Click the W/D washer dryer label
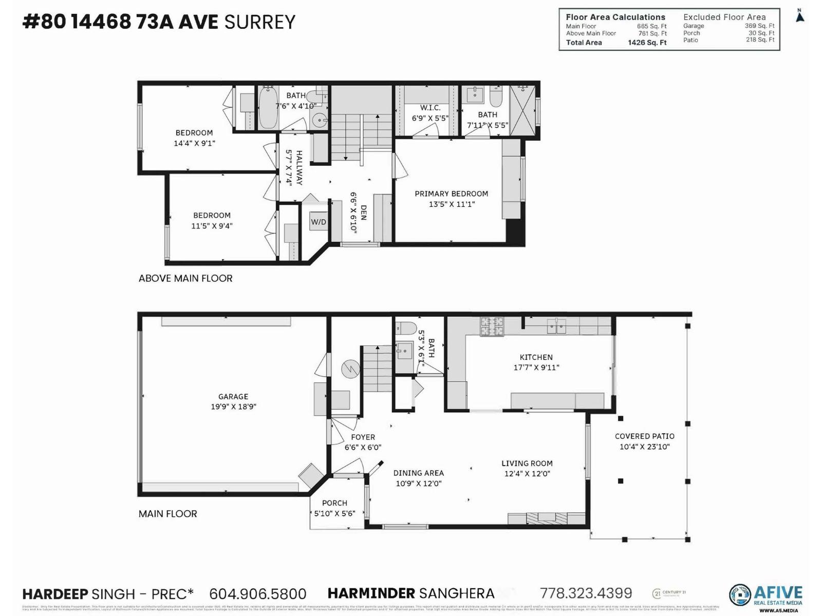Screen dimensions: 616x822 pyautogui.click(x=319, y=222)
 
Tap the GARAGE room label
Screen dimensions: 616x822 pyautogui.click(x=233, y=396)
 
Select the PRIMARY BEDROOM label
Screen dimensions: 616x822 pyautogui.click(x=451, y=194)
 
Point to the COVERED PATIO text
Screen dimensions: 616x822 pyautogui.click(x=644, y=436)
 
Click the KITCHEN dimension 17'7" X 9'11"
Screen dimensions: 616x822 pyautogui.click(x=536, y=368)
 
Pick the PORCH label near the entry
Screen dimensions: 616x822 pyautogui.click(x=334, y=503)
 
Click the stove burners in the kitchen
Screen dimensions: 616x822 pyautogui.click(x=492, y=326)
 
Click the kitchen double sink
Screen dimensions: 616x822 pyautogui.click(x=556, y=325)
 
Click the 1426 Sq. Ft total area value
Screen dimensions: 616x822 pyautogui.click(x=647, y=43)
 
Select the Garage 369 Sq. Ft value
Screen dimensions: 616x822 pyautogui.click(x=759, y=26)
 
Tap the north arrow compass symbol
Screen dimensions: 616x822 pyautogui.click(x=799, y=16)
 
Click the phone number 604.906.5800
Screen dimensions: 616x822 pyautogui.click(x=257, y=594)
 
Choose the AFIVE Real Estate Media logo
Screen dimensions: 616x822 pyautogui.click(x=765, y=595)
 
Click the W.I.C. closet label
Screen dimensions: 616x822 pyautogui.click(x=430, y=108)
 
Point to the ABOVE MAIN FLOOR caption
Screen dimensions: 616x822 pyautogui.click(x=185, y=278)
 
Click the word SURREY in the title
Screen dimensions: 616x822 pyautogui.click(x=260, y=22)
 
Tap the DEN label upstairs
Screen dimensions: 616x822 pyautogui.click(x=364, y=213)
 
